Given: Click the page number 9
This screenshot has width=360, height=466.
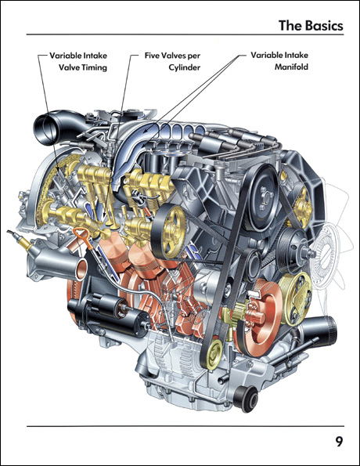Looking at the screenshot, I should pos(339,441).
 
